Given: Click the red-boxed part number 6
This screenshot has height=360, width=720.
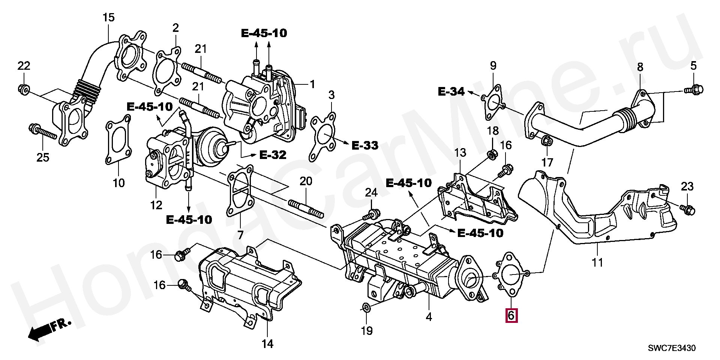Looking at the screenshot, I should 511,315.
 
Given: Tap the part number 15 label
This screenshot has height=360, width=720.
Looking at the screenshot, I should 108,17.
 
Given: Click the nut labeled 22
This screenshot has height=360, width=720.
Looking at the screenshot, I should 24,89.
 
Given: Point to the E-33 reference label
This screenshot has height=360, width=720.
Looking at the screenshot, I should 364,145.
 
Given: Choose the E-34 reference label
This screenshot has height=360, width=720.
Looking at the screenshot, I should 451,91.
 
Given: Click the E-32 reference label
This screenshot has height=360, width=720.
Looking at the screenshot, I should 273,155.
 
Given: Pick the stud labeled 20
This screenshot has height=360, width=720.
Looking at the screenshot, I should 306,209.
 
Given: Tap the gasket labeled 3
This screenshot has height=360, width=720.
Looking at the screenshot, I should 323,137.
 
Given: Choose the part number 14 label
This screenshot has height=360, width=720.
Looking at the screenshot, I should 267,343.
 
